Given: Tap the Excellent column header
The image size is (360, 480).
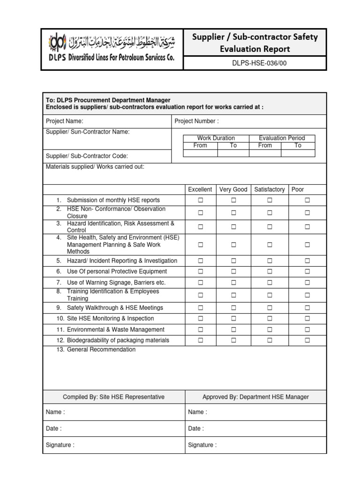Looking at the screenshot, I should coord(200,189).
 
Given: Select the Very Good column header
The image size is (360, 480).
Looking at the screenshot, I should coord(233,189).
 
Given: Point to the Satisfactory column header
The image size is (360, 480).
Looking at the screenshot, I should coord(269,189).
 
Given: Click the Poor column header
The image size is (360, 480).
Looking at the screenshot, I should coord(298,189).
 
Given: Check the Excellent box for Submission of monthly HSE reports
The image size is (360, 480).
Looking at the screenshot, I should coord(200,200).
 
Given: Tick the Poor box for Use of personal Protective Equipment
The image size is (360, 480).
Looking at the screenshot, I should coord(307,271).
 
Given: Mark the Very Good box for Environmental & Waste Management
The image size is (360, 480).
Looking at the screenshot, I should coord(233,330).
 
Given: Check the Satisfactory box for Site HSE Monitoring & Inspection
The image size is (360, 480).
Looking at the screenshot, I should coord(270,319).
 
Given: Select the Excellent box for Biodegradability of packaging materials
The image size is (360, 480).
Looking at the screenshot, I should coord(200,340).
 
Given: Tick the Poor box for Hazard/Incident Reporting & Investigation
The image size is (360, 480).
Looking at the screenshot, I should coord(307,261).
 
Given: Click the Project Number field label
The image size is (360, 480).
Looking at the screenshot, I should coord(196,121).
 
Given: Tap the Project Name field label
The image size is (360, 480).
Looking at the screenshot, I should coord(65,121).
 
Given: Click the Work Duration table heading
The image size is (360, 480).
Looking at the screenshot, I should coord(216,138).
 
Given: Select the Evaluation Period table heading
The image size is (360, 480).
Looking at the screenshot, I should coord(282,138).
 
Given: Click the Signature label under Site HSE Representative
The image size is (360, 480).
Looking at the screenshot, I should coord(60,445).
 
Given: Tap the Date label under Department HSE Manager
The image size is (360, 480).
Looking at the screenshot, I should coord(196,428).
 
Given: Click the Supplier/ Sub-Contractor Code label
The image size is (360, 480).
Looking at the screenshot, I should coord(87,156).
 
